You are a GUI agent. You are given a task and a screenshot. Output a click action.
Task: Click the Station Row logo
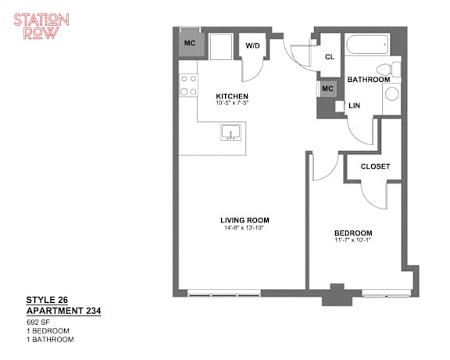pos(41,26)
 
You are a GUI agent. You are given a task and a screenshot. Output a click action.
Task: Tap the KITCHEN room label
pos(232,96)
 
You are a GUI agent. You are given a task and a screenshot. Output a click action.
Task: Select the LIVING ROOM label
pos(245,220)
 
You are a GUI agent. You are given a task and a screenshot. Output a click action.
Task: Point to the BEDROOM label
pos(353,233)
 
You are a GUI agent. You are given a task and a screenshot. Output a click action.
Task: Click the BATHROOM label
pos(369,80)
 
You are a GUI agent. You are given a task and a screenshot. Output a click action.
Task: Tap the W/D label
pos(253,45)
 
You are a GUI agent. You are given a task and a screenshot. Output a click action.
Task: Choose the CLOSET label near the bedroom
pos(375,166)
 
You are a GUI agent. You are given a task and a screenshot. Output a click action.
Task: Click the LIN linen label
pos(354,105)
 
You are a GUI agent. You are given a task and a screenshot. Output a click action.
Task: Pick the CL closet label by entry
pos(330,57)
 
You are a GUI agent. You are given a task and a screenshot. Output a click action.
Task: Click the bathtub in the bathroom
pos(367,45)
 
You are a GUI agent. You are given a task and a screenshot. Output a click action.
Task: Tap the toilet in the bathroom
pos(388,70)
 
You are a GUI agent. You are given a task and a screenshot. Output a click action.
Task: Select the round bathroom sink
pos(391,94)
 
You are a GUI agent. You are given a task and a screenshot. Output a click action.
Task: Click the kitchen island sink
pos(231,132)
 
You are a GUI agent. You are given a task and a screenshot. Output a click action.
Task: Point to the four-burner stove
pos(188,85)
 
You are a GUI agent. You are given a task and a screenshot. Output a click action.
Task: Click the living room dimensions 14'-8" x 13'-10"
pos(244,228)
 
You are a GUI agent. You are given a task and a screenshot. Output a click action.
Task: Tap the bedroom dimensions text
pos(353,241)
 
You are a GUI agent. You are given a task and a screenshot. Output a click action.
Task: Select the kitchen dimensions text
pos(232,102)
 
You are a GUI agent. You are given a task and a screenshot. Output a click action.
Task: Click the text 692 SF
pos(38,323)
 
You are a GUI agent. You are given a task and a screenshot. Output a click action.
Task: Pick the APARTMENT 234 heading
pos(64,311)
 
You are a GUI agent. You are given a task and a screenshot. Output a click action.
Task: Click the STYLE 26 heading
pos(47,300)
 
